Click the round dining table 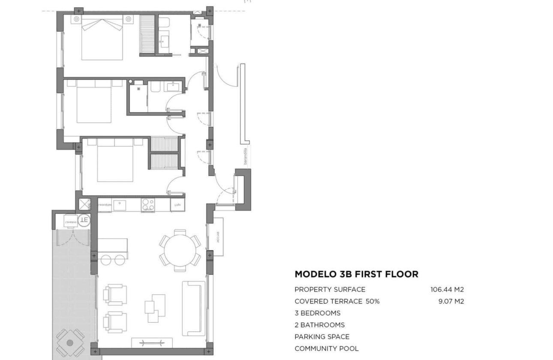pyautogui.click(x=180, y=250)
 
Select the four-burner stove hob pyautogui.click(x=148, y=205)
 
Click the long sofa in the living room pyautogui.click(x=194, y=308)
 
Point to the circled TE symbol pyautogui.click(x=84, y=220)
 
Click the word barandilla pyautogui.click(x=245, y=156)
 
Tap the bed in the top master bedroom pyautogui.click(x=102, y=39)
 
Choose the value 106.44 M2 pyautogui.click(x=447, y=289)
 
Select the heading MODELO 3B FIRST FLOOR pyautogui.click(x=356, y=274)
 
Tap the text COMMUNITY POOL pyautogui.click(x=326, y=348)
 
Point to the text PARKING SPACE pyautogui.click(x=322, y=337)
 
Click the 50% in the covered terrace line pyautogui.click(x=372, y=301)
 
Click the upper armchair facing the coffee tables pyautogui.click(x=114, y=294)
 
